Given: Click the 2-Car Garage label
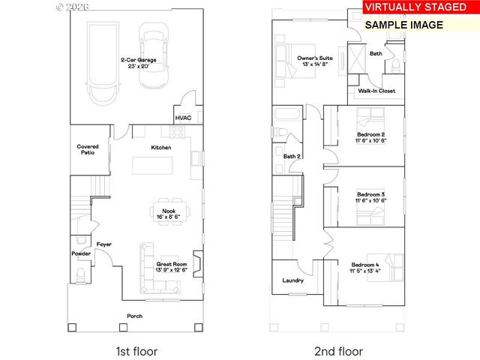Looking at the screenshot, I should tap(136, 60).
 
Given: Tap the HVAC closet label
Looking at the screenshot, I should tap(183, 118).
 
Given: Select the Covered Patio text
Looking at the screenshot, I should tap(88, 149).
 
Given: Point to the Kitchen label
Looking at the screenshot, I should tap(160, 148).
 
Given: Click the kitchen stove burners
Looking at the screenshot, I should tap(178, 133).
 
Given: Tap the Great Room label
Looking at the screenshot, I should tap(171, 264).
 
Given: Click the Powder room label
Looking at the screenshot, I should tap(81, 253).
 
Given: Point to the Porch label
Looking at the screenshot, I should tap(135, 316).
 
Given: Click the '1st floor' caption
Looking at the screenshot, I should tap(136, 351).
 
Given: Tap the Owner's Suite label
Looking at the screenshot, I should tap(314, 58).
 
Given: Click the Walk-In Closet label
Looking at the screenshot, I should tap(376, 91).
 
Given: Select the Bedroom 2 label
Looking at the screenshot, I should tap(370, 134).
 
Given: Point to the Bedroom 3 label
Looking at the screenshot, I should tap(370, 193).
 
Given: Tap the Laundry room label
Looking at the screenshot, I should tap(292, 280).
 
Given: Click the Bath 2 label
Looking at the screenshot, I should tap(292, 156).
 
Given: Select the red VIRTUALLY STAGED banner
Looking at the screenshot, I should tap(415, 7).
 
